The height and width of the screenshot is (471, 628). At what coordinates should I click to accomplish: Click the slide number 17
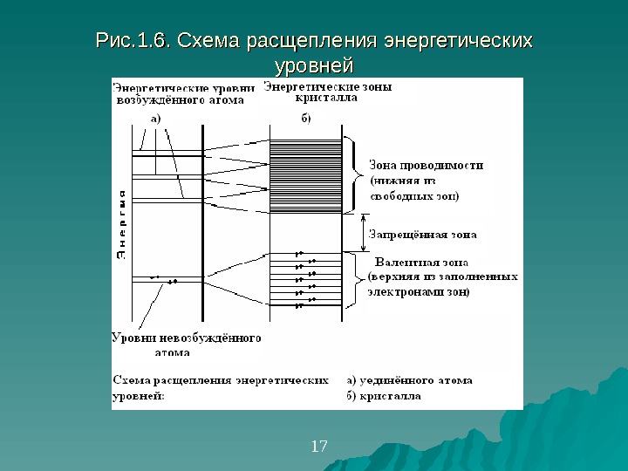318,447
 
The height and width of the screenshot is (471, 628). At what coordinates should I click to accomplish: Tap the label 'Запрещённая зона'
423,234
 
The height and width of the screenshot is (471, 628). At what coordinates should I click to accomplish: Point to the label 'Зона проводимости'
427,164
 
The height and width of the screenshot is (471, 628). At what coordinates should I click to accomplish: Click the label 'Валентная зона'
420,261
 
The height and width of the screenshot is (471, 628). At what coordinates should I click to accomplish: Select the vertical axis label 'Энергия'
121,222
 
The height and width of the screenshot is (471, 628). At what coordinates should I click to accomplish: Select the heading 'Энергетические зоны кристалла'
327,92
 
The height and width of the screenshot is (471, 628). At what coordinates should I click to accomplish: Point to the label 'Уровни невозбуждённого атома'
187,344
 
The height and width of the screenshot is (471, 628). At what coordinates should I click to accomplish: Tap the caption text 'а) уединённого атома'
409,380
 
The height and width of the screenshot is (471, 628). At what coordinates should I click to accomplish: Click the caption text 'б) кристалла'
385,395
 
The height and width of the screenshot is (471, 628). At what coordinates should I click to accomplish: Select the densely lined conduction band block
306,174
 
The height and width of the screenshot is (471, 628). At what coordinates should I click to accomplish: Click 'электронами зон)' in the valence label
419,292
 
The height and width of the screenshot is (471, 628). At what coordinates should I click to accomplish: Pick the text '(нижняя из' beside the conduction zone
399,181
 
